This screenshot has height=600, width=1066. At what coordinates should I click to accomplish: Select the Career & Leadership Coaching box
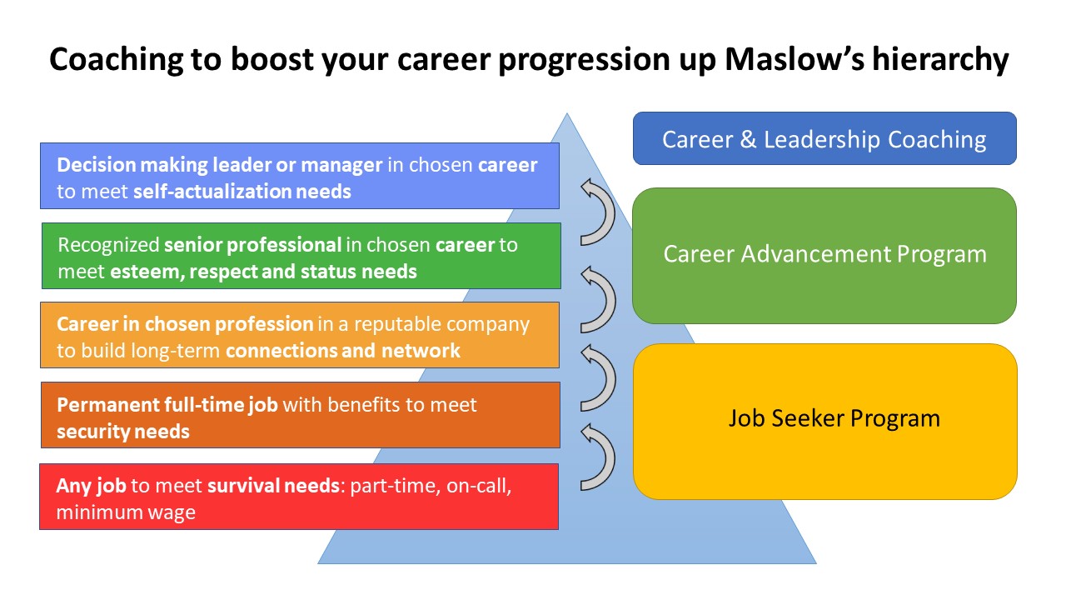click(x=824, y=139)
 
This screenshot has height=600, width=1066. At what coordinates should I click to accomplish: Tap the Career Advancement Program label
click(x=824, y=254)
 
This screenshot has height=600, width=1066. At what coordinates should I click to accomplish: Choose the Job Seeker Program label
click(x=834, y=417)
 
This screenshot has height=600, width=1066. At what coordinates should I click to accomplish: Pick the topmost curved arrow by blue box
click(x=596, y=212)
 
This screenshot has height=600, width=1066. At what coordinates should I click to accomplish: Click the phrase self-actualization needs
click(x=242, y=192)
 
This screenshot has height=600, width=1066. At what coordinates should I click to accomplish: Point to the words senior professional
click(x=252, y=245)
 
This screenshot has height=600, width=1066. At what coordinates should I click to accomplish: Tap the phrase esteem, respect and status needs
click(x=263, y=272)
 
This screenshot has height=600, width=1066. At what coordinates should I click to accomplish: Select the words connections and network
click(x=342, y=351)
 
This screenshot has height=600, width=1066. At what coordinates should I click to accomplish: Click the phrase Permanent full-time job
click(x=168, y=405)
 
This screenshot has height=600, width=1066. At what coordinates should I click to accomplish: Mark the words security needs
click(x=122, y=432)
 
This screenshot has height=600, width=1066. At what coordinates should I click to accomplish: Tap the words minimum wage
click(x=125, y=512)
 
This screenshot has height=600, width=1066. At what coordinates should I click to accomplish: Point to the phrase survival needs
click(x=273, y=486)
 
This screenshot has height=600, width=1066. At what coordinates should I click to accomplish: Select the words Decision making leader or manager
click(x=219, y=165)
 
